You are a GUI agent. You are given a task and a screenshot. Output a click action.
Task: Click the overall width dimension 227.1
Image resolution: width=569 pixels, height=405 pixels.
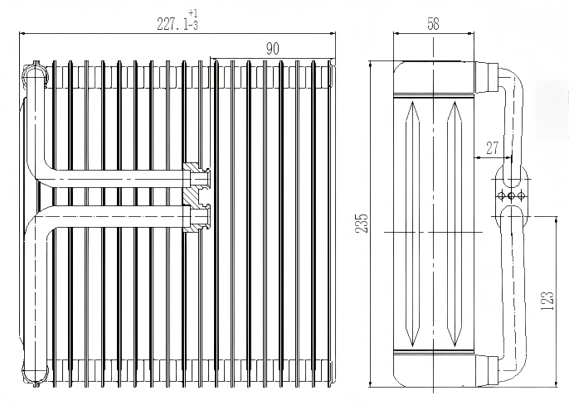click(173, 25)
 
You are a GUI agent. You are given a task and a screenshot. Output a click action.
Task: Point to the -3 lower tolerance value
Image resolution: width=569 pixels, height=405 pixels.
click(193, 27)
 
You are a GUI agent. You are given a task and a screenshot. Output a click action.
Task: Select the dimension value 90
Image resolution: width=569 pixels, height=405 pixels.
click(272, 49)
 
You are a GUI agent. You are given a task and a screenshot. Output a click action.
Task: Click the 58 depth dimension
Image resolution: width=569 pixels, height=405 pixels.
click(433, 24)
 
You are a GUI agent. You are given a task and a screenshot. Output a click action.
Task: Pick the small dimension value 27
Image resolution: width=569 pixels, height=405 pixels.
click(493, 148)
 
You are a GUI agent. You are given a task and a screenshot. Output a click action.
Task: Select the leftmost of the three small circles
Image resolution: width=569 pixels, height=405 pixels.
click(502, 195)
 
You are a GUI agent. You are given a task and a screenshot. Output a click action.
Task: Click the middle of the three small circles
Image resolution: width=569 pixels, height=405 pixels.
click(512, 195)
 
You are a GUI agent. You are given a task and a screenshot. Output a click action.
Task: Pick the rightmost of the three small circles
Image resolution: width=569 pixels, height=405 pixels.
click(522, 195)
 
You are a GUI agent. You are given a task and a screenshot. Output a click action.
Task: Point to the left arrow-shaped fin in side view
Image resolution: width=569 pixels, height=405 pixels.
click(413, 224)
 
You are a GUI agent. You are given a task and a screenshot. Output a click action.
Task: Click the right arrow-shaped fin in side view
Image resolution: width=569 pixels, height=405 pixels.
click(453, 224)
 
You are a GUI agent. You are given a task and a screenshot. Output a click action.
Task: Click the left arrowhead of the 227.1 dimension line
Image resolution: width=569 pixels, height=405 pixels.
click(22, 34)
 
